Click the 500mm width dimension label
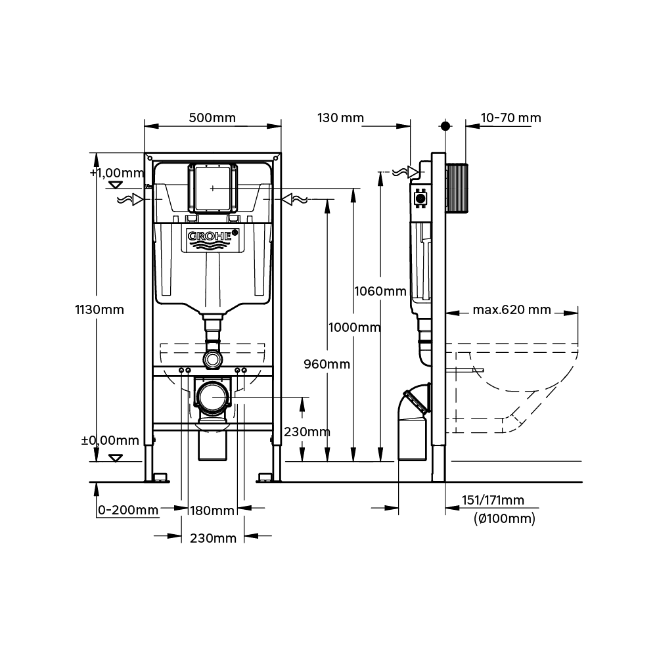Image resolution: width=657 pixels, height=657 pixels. (x=212, y=118)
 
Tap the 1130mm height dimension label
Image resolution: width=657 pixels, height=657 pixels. (x=99, y=309)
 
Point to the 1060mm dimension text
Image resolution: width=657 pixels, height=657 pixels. (x=380, y=290)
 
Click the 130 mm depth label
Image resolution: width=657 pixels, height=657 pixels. (x=340, y=118)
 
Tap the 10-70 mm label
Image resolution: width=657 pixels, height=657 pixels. (x=510, y=118)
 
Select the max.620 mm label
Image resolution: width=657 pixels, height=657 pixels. (x=511, y=309)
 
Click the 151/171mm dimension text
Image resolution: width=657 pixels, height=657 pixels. (x=493, y=500)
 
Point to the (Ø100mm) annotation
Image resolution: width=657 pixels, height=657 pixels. (x=504, y=518)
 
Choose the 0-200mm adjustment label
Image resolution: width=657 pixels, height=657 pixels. (x=127, y=510)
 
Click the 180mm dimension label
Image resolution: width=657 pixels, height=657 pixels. (x=212, y=510)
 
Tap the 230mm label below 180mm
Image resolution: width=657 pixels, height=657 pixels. (x=212, y=538)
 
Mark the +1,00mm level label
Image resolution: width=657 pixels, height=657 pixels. (x=116, y=173)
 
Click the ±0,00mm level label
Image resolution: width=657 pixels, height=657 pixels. (x=110, y=440)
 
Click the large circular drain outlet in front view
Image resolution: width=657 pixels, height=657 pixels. (x=212, y=398)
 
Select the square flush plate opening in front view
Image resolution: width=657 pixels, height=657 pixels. (x=212, y=188)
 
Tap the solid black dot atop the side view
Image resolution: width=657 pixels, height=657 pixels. (x=445, y=126)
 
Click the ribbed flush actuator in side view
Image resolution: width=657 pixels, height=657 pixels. (x=458, y=188)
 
